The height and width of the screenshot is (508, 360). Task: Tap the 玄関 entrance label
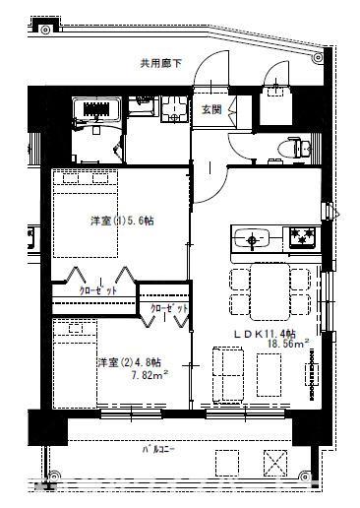211,110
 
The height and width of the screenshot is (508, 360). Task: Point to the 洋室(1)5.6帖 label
122,221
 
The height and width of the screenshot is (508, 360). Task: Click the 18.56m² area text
286,345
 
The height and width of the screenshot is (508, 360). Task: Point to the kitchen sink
255,237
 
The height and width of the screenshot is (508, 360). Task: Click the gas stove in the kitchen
299,237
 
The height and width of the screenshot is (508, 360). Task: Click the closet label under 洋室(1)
98,291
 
